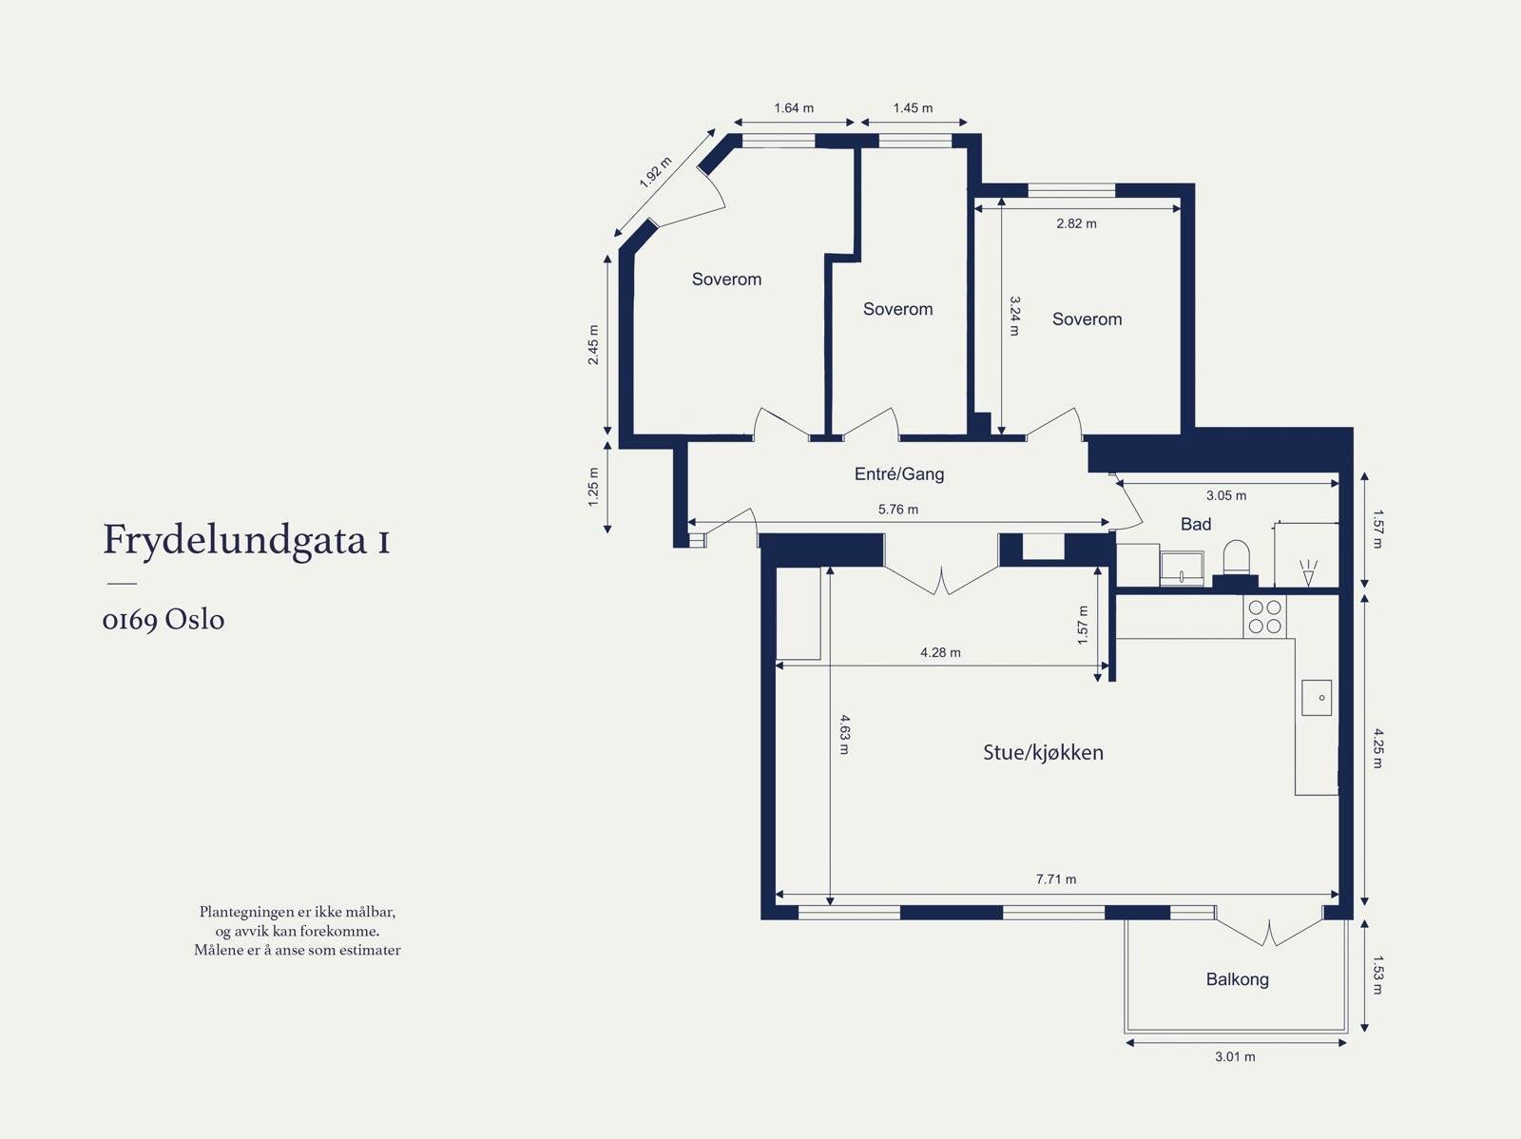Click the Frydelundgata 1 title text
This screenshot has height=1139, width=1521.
click(246, 540)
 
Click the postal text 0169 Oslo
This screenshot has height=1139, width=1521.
click(164, 620)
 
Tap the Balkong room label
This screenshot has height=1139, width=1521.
click(1237, 979)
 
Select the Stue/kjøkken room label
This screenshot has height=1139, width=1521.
click(1043, 753)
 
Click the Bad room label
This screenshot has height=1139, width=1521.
click(1196, 524)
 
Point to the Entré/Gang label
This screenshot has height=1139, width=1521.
click(899, 473)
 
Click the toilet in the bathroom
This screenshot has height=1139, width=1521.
click(1236, 559)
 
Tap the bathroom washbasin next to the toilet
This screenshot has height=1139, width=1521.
click(1182, 569)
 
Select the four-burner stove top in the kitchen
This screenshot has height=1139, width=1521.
click(1265, 616)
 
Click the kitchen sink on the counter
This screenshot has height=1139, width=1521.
click(1317, 697)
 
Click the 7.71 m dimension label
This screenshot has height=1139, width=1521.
click(1056, 879)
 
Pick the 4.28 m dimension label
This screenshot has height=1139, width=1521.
click(940, 652)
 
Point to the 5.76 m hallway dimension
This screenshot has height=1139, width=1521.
click(898, 510)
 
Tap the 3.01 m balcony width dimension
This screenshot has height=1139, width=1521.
click(1235, 1056)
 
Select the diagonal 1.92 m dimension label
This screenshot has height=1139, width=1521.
click(655, 172)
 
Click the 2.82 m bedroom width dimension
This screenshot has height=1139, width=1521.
click(1076, 223)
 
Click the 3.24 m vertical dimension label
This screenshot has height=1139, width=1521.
click(1014, 316)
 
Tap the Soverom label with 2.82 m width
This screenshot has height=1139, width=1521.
click(1087, 319)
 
